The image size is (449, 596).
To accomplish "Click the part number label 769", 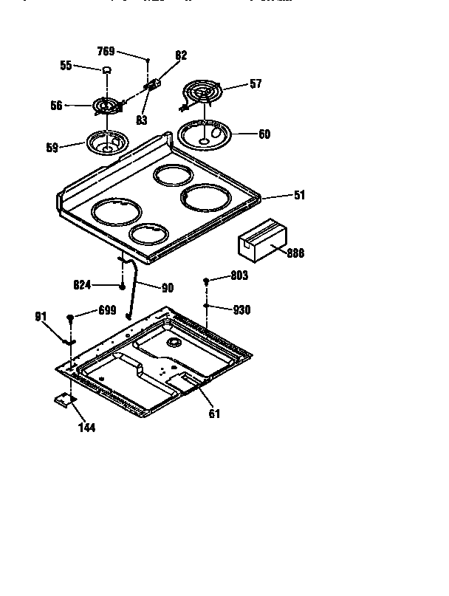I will [106, 51].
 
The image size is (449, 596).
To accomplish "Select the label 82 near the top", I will [181, 55].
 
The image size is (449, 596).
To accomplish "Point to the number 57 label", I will [255, 84].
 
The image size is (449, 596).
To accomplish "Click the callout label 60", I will [264, 134].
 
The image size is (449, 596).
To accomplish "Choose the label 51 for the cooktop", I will [299, 195].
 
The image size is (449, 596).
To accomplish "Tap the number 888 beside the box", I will [295, 253].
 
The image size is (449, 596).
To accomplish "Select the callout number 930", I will [241, 310].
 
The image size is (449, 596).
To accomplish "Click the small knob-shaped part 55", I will [106, 70].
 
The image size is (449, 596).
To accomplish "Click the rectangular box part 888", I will [259, 242].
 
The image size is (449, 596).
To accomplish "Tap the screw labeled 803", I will [208, 282].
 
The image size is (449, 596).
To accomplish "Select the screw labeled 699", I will [70, 318].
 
